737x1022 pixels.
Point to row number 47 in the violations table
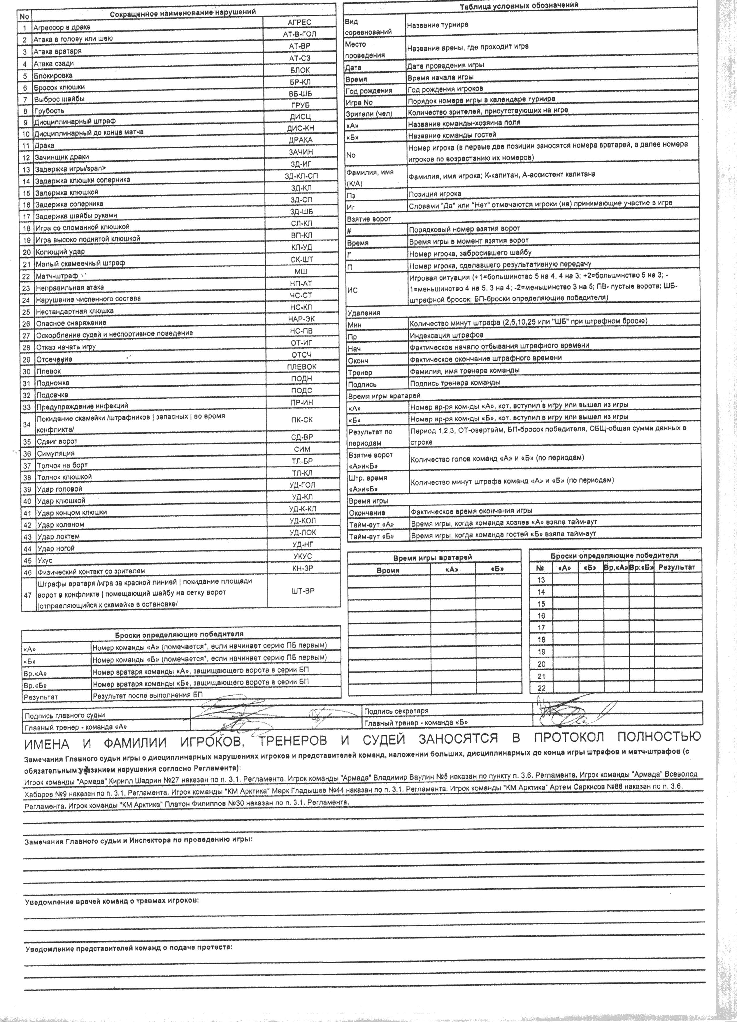coord(27,595)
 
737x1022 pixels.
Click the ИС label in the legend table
coord(352,290)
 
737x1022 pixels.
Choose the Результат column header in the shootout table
coord(677,567)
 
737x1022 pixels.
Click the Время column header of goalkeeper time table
coord(388,570)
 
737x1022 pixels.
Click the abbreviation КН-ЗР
coord(302,569)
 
